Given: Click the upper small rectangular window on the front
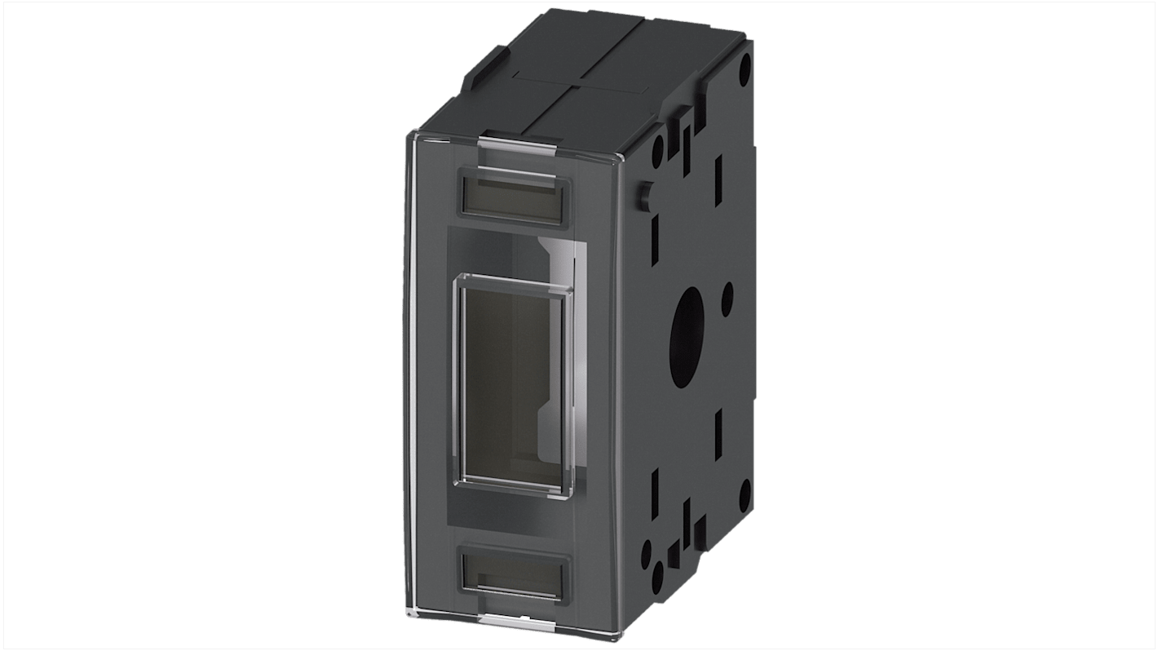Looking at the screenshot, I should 516,197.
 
